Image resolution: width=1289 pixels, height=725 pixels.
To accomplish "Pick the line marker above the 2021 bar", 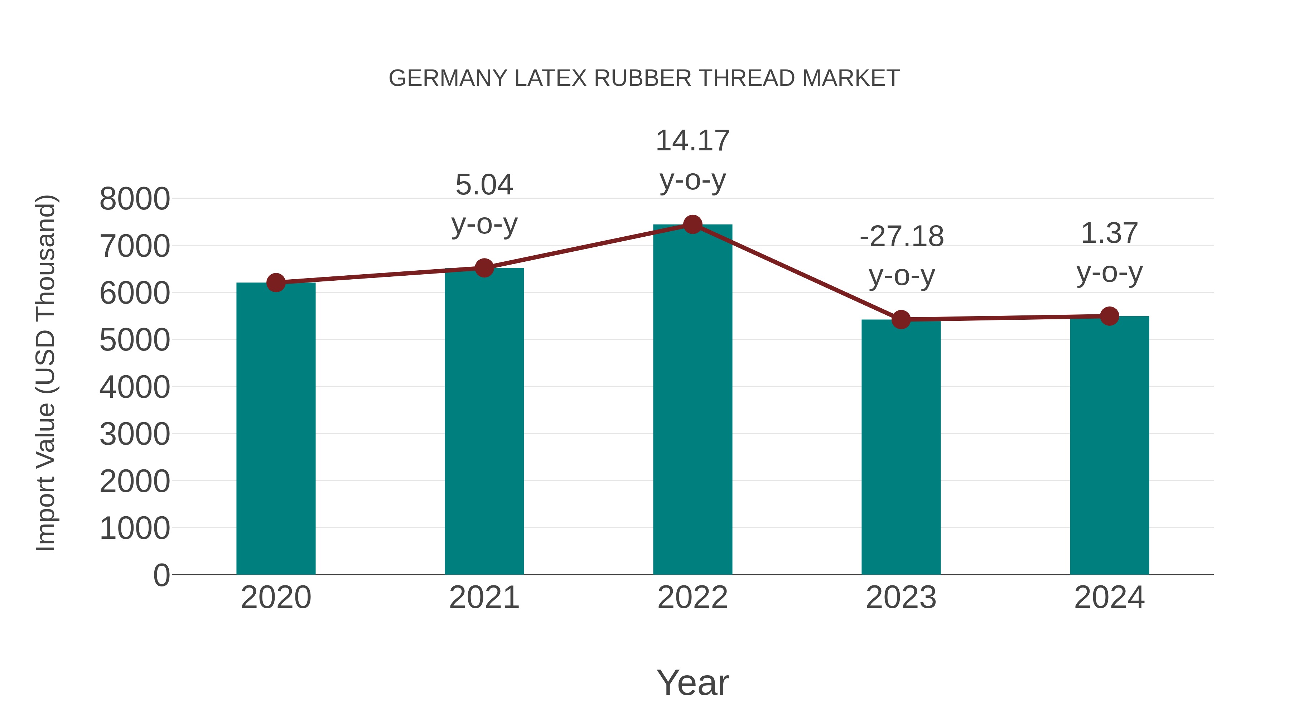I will tap(484, 268).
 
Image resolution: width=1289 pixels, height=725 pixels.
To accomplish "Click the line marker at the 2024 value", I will tap(1109, 316).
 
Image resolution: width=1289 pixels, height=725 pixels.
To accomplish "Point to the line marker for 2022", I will tap(692, 224).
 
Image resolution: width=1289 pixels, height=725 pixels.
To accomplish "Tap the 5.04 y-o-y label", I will tap(484, 204).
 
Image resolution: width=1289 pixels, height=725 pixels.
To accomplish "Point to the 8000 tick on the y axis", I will tap(135, 199).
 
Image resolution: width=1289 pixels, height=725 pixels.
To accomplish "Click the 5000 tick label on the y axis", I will tap(135, 340).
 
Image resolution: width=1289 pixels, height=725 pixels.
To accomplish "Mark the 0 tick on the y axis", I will tap(161, 575).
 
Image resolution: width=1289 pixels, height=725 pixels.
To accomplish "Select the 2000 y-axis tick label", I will tap(135, 481).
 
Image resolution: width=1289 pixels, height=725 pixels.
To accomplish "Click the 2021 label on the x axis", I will tap(484, 598).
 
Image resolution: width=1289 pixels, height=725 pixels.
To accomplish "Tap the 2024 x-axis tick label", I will tap(1109, 598).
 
